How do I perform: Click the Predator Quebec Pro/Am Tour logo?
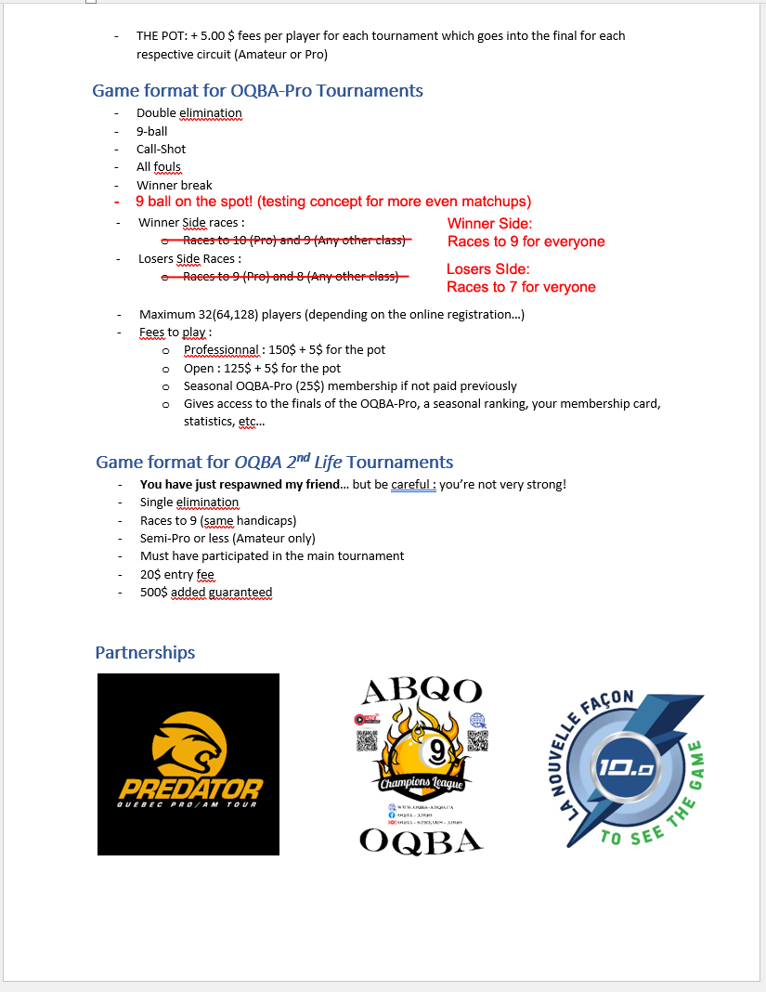188,764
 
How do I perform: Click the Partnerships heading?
145,653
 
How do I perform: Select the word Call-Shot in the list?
161,150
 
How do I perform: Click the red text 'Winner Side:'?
489,224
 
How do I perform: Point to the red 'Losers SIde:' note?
487,269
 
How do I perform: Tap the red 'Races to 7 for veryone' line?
521,287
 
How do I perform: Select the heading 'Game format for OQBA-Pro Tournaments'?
257,91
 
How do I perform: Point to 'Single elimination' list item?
188,503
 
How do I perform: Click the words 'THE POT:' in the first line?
161,36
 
